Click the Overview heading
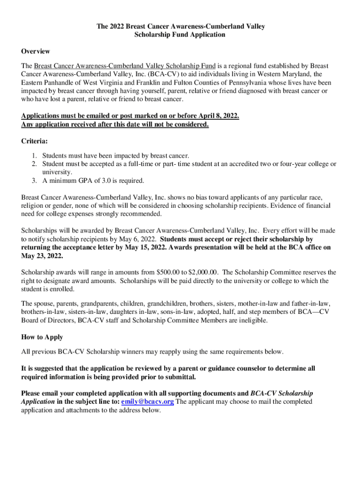click(x=36, y=51)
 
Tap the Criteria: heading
click(x=35, y=141)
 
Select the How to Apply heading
click(x=42, y=337)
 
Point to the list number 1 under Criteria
click(x=34, y=155)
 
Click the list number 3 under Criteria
click(x=34, y=181)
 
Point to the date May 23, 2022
click(x=42, y=256)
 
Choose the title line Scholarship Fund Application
click(x=180, y=35)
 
